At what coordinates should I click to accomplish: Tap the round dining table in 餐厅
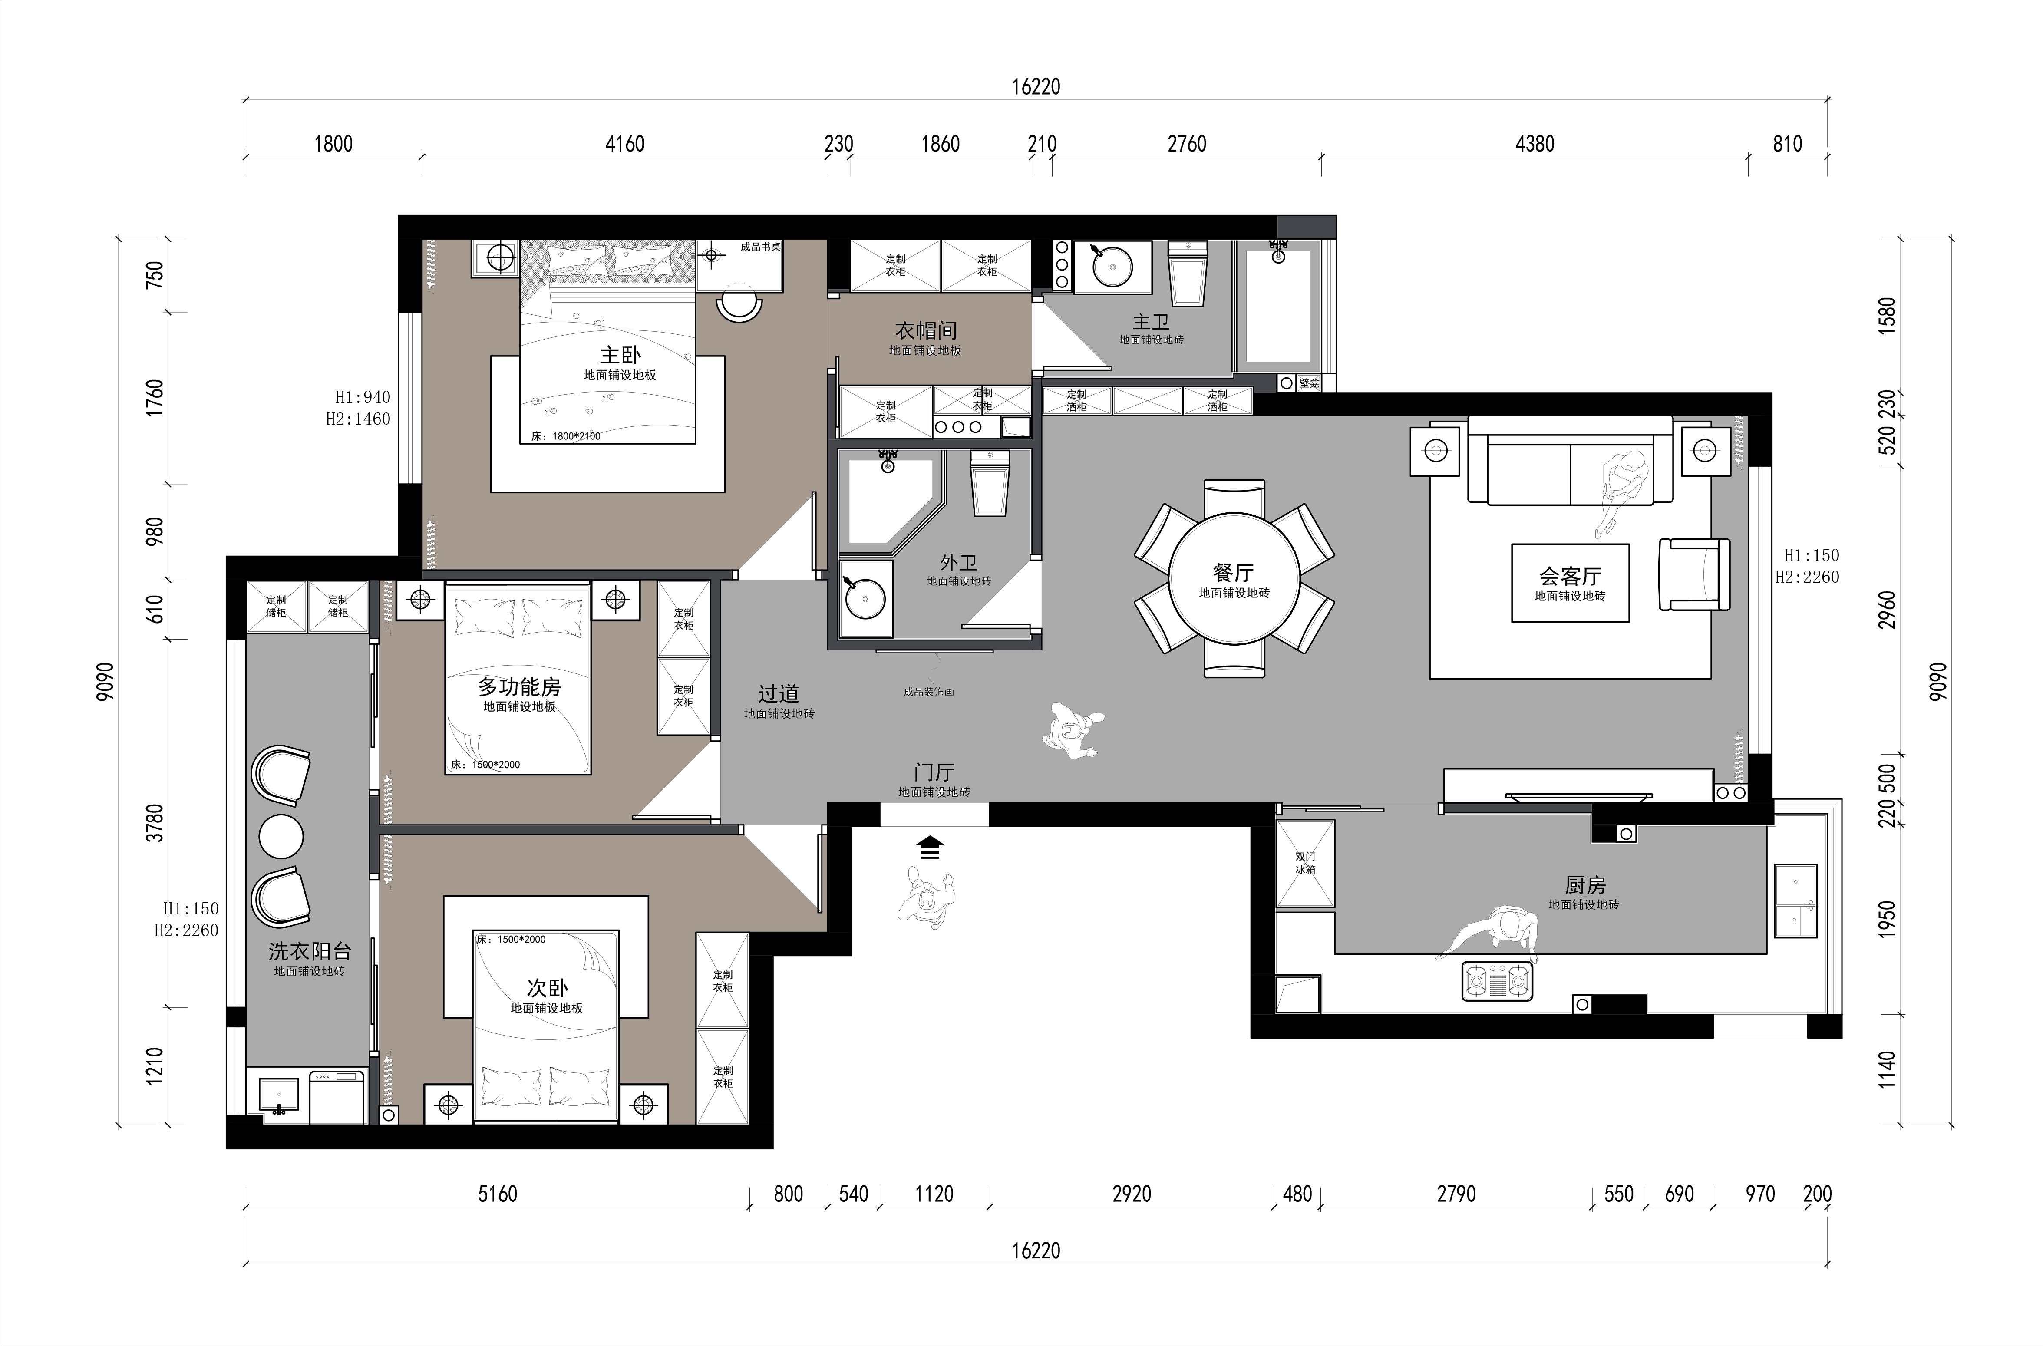click(1234, 578)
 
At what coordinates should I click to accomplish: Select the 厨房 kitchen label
click(1584, 884)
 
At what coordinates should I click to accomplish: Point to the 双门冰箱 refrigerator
click(1305, 863)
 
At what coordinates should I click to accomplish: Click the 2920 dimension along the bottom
click(1132, 1194)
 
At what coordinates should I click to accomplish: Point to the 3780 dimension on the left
click(155, 822)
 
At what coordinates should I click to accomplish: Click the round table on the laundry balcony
click(281, 835)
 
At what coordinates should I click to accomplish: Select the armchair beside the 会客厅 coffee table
click(1693, 574)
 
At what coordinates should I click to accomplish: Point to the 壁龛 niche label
click(1309, 384)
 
